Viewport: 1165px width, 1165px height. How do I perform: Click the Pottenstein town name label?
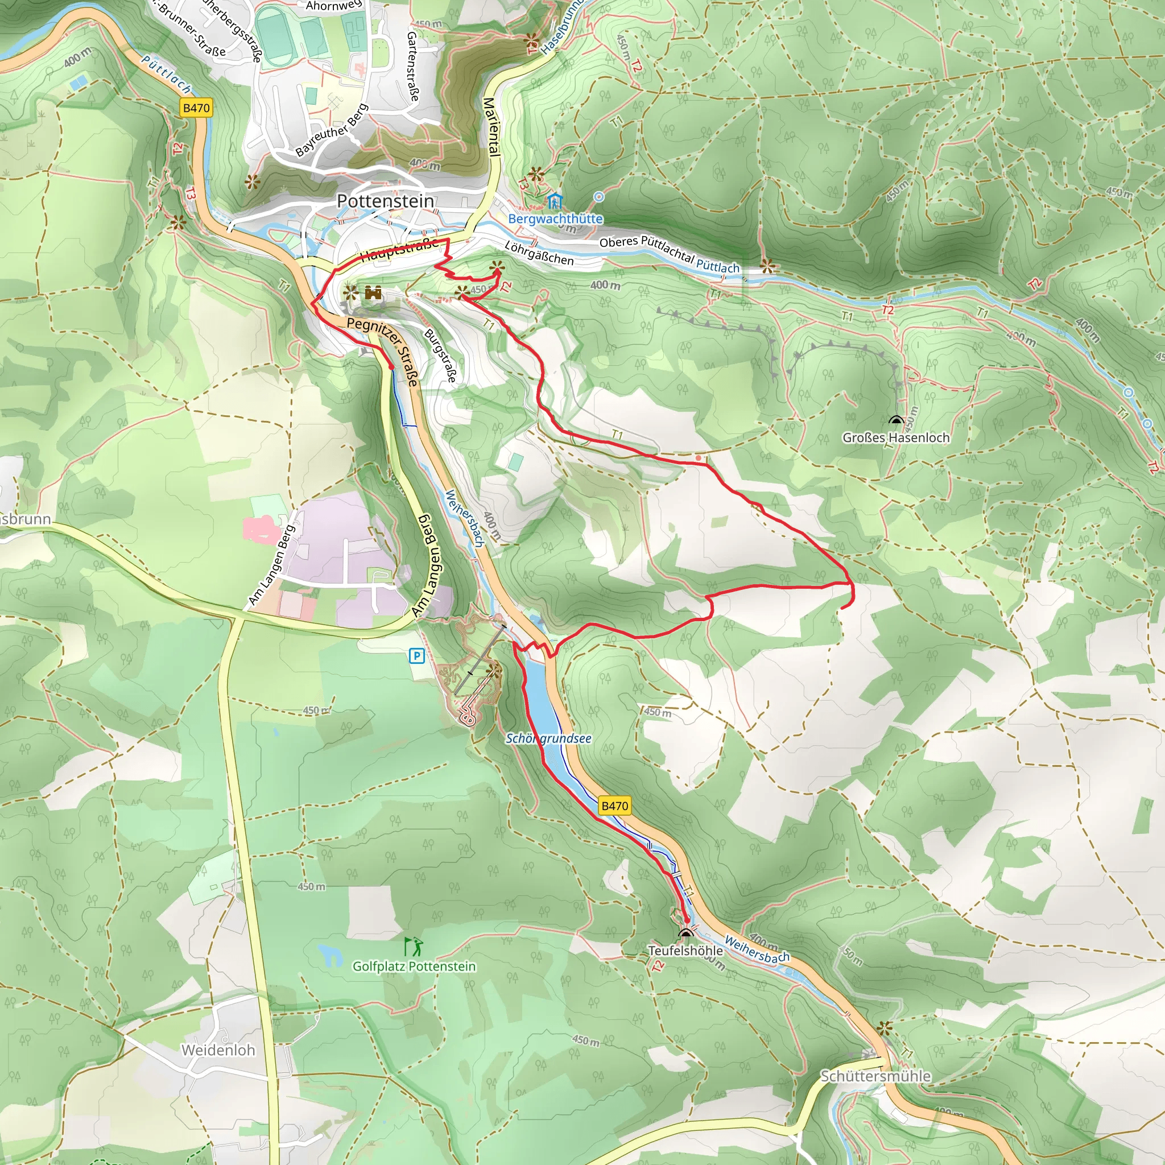pos(385,201)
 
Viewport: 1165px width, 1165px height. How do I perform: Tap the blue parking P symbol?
pos(416,656)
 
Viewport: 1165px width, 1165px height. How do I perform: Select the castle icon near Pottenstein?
pos(373,293)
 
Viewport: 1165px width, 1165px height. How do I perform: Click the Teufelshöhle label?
pos(685,951)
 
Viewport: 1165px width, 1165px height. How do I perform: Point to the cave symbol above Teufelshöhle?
pos(685,935)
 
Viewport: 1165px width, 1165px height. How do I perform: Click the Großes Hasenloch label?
pos(895,438)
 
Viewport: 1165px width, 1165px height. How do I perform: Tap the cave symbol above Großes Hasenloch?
pos(895,420)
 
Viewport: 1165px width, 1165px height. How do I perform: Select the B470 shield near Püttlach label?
pos(196,108)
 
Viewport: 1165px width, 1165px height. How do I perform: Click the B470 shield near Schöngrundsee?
pos(614,805)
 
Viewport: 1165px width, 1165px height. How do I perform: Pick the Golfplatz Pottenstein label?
pos(414,966)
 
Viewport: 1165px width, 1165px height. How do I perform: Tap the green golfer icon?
pos(414,946)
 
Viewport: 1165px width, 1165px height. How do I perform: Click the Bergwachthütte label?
pos(555,219)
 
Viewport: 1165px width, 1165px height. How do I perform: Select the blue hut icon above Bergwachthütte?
pos(554,201)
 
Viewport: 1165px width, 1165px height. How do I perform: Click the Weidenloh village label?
pos(218,1051)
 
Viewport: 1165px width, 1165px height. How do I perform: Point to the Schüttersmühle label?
pos(875,1076)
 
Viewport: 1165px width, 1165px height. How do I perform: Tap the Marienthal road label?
pos(492,127)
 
